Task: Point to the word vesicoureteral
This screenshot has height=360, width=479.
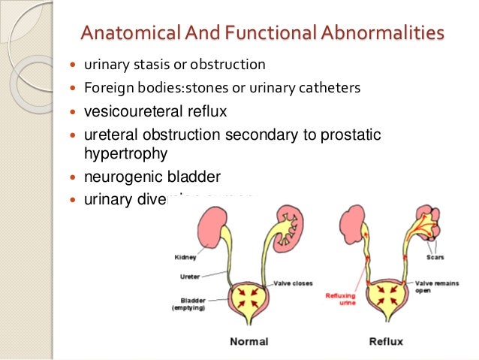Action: (x=129, y=112)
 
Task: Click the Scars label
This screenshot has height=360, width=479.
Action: (x=435, y=257)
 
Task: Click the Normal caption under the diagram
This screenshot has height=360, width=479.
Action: (x=249, y=340)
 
